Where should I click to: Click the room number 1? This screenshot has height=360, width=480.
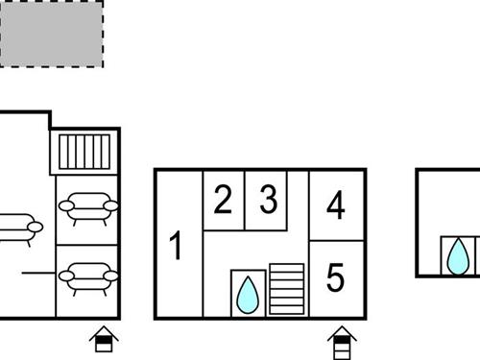(176, 245)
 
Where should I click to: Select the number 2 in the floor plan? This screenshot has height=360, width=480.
(223, 200)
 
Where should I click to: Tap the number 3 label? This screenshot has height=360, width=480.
(269, 199)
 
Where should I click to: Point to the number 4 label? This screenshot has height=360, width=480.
(336, 204)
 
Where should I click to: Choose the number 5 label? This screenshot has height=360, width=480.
(335, 277)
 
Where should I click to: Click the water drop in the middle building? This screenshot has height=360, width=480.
(248, 295)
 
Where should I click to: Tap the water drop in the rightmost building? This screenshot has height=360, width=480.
(458, 256)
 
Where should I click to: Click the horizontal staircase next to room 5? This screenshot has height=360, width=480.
(287, 289)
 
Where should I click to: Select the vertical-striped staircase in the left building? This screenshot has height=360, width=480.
(84, 152)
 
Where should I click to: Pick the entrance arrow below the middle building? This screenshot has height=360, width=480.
(342, 343)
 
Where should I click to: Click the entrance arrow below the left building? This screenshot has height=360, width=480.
(104, 339)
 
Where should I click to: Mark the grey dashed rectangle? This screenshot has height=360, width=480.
(52, 34)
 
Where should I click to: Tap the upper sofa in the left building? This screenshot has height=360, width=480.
(88, 208)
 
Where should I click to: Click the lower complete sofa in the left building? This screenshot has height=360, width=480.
(88, 278)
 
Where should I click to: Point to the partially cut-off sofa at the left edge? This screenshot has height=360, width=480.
(20, 229)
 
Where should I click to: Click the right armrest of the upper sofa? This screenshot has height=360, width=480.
(111, 205)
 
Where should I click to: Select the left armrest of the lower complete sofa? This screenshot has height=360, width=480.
(66, 276)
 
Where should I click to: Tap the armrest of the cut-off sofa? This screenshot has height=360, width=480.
(36, 228)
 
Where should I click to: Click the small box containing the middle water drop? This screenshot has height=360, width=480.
(249, 294)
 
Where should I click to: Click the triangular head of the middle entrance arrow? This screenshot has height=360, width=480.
(342, 332)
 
